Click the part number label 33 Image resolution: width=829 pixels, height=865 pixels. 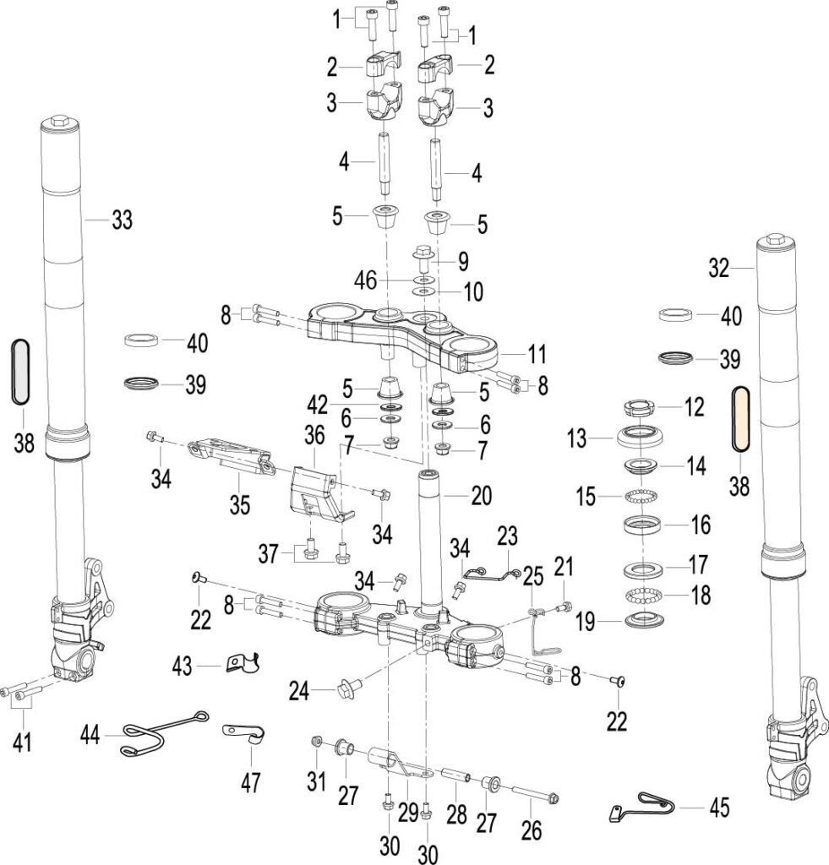tap(122, 220)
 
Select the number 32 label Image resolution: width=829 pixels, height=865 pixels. tap(718, 269)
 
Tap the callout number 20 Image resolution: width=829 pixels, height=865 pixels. tap(482, 495)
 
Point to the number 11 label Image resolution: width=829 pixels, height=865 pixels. tap(537, 354)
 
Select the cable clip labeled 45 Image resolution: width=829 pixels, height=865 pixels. tap(643, 807)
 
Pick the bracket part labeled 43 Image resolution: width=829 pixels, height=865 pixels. tap(243, 662)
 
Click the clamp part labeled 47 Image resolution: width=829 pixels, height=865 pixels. tap(245, 733)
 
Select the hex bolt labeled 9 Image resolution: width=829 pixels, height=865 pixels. tap(424, 258)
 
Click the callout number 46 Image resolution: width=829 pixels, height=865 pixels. tap(365, 280)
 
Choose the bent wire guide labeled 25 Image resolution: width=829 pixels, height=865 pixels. tap(543, 632)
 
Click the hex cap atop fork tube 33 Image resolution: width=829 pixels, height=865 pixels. tap(59, 120)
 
